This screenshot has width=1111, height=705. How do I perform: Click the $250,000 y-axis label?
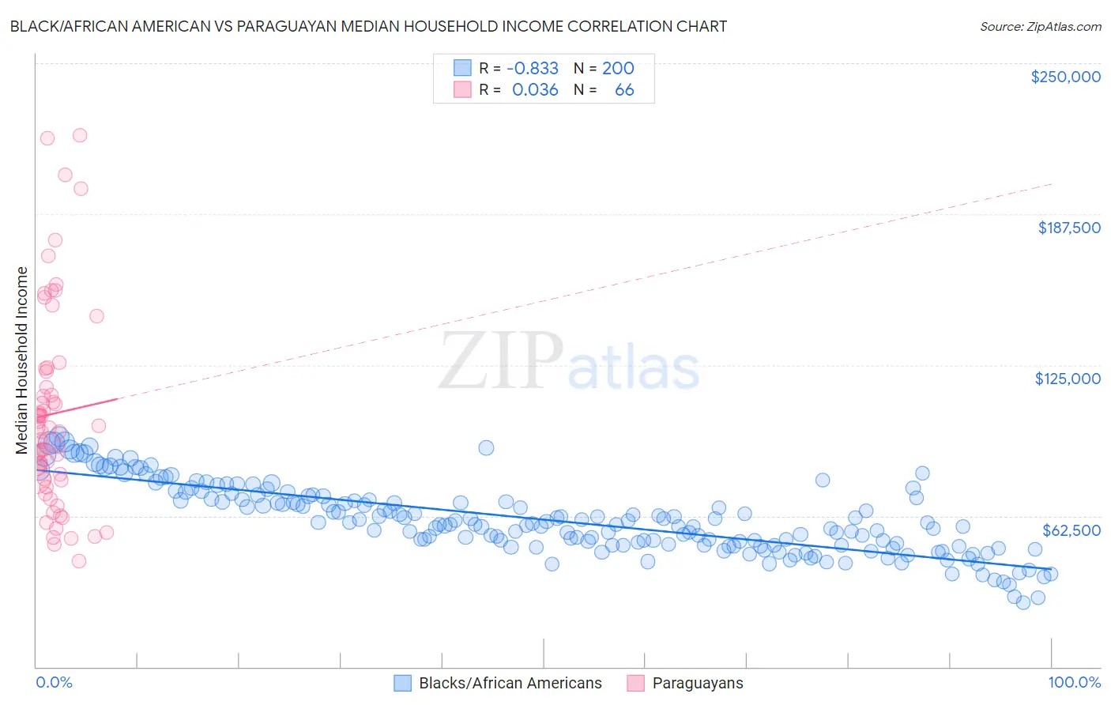click(x=1065, y=77)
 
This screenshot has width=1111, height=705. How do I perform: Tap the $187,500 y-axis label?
click(x=1068, y=228)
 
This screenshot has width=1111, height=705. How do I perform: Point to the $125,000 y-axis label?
click(x=1068, y=379)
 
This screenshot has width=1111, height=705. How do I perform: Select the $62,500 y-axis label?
click(x=1071, y=530)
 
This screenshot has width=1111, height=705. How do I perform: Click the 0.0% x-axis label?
click(x=54, y=682)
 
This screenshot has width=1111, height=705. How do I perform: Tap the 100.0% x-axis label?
click(x=1074, y=682)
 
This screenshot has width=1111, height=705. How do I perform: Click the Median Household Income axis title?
click(x=21, y=360)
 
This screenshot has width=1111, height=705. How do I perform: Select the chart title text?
click(x=368, y=26)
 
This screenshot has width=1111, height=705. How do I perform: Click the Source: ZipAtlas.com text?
click(x=1040, y=26)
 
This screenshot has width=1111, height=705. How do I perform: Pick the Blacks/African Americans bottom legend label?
click(x=510, y=683)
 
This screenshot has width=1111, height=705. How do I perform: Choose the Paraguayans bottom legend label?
click(x=697, y=683)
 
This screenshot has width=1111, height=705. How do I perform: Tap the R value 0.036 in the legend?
click(x=535, y=90)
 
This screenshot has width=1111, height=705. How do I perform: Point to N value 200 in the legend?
click(x=618, y=68)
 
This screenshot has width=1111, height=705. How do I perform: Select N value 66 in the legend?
click(x=624, y=90)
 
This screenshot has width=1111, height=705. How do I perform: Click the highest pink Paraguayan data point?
click(x=80, y=135)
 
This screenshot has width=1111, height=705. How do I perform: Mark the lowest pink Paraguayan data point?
click(x=79, y=561)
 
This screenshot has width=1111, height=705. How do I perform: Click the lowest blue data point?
click(x=1023, y=602)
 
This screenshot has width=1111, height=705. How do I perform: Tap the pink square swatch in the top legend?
click(x=462, y=90)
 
